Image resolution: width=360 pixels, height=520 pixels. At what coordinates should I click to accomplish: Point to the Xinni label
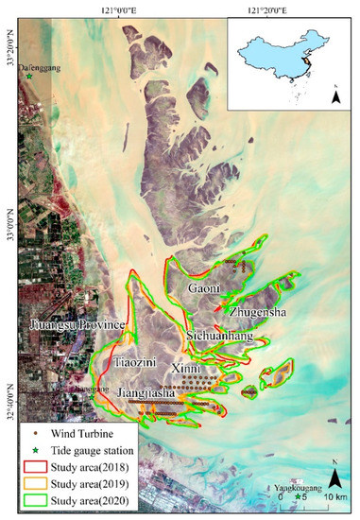186,365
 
